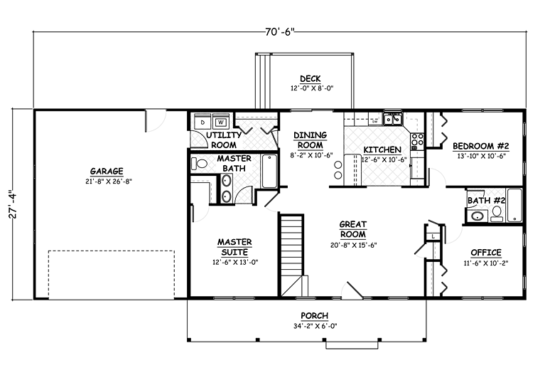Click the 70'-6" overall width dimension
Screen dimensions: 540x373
point(280,32)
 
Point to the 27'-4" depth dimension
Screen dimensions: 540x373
point(13,204)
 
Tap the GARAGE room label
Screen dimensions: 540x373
point(107,171)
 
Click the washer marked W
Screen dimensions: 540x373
point(221,122)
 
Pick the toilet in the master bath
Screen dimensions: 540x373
point(199,163)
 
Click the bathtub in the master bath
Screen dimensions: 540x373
point(269,171)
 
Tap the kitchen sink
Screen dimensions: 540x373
point(393,119)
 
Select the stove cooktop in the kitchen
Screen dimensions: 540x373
point(417,140)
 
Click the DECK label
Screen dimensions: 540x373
point(310,79)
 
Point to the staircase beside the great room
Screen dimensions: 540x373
point(292,255)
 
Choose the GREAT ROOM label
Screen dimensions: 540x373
point(353,229)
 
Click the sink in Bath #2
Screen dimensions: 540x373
point(477,216)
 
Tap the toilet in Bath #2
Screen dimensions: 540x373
point(497,214)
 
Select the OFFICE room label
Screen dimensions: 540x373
point(486,253)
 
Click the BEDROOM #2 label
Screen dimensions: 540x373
point(481,146)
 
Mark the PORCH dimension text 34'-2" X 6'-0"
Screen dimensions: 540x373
point(315,326)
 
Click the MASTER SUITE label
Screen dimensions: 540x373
point(234,247)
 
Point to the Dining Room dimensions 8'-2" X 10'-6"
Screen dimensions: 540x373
point(311,155)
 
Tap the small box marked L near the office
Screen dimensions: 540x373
point(433,237)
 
